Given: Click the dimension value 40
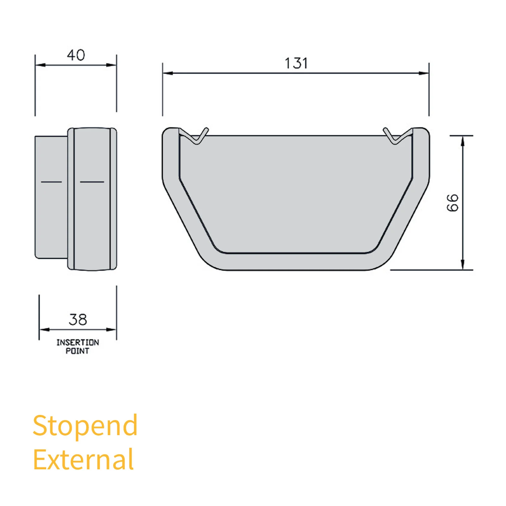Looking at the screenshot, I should [x=76, y=55].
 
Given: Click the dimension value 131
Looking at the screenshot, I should [x=296, y=63].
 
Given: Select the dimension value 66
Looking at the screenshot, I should [x=453, y=202].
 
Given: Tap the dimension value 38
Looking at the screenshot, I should [x=78, y=320].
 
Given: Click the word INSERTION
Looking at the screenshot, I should [x=77, y=342].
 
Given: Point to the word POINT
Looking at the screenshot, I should [x=77, y=351].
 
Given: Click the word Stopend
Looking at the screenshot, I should [x=85, y=426].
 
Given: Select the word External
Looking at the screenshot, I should [x=83, y=460].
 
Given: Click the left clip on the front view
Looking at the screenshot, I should [x=196, y=136].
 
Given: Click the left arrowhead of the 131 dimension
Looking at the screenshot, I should [x=168, y=73].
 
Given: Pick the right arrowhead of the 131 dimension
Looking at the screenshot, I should [x=424, y=73].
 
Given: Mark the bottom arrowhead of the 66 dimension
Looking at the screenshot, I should [x=463, y=265].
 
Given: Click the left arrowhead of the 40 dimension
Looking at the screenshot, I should [x=40, y=65].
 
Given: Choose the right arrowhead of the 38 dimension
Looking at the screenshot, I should [x=111, y=330].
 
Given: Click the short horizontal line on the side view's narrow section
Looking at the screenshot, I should [x=51, y=182].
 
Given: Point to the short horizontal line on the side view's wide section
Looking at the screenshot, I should [x=92, y=182].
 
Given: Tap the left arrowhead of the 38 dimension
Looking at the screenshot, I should [x=45, y=330].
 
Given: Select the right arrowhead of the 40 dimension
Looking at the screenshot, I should [x=111, y=65].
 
